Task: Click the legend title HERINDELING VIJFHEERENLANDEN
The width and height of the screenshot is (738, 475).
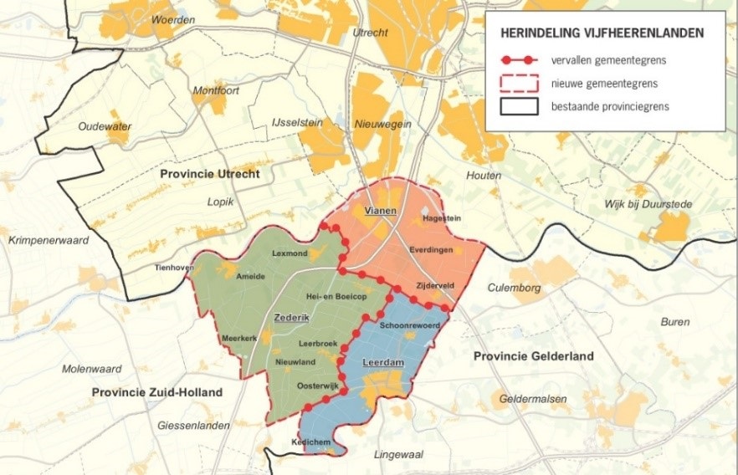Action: coord(602,33)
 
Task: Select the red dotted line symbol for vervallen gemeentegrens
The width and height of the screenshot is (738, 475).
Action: coord(518,61)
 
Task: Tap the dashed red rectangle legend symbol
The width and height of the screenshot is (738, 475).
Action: coord(518,84)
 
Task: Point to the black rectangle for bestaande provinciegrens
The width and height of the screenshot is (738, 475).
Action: coord(518,106)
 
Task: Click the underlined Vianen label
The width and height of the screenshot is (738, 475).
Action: coord(380,211)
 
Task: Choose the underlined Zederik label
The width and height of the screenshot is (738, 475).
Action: coord(290,318)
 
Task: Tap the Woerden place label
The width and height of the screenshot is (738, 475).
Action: coord(175,19)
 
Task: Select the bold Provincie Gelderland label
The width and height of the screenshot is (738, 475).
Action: coord(533,356)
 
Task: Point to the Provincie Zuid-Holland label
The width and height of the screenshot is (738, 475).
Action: coord(157,392)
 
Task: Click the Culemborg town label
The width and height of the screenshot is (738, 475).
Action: coord(514,288)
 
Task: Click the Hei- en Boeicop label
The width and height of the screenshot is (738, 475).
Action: coord(337,297)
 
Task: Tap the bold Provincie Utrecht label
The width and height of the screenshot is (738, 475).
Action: coord(210,174)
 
